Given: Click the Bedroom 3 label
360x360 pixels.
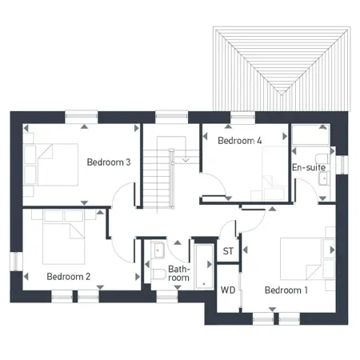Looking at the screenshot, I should pos(109,162).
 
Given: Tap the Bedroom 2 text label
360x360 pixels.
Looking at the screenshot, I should pos(68,277).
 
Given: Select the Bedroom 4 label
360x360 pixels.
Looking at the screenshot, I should pos(239,141).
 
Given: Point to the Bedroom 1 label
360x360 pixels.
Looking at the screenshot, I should pos(286,290).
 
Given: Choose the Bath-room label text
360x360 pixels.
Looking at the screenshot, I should pos(178,275).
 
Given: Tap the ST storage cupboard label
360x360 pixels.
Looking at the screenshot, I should pos(228,251).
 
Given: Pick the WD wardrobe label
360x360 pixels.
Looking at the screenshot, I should pos(227,290).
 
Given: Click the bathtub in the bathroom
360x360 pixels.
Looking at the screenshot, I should pos(203,270).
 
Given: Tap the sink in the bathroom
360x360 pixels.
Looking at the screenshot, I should pos(156,249).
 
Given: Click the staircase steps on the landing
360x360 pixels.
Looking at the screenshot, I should pos(159,176).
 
